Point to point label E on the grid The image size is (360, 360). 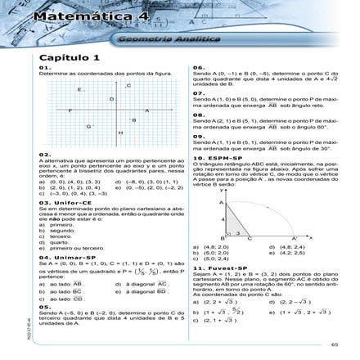point(79,89)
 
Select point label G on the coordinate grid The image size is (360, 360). point(88,126)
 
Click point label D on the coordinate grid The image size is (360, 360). point(111,98)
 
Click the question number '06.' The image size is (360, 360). point(197,66)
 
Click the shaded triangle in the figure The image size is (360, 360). point(232,216)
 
